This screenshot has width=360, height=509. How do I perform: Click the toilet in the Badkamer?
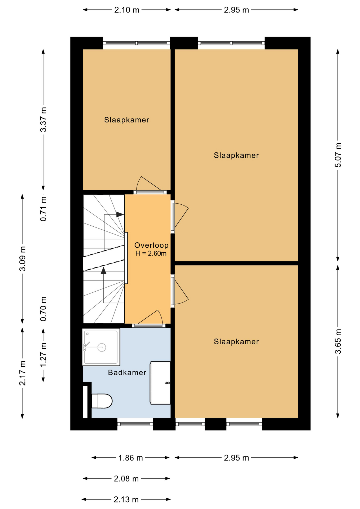102,401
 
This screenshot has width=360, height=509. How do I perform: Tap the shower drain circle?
102,347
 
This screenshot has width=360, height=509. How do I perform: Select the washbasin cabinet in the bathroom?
160,383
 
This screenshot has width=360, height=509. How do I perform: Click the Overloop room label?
151,245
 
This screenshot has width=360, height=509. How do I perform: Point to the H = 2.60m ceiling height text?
151,253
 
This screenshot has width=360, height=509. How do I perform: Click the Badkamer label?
127,372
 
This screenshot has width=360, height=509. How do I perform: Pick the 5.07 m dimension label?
338,155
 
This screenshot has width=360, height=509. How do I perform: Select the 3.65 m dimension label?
338,341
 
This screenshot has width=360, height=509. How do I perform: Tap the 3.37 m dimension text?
43,120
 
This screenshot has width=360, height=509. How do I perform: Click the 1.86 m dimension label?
130,458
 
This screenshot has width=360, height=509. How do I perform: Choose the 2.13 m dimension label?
126,499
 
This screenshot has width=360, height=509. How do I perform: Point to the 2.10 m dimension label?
127,10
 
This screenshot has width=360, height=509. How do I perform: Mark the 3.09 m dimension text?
23,258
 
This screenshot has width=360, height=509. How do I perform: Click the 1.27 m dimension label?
43,355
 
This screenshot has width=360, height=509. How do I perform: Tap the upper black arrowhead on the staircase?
120,214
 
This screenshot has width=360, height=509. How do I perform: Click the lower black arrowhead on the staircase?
103,271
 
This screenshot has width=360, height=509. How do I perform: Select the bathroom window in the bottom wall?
135,424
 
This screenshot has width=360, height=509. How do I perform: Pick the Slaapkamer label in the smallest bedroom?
127,120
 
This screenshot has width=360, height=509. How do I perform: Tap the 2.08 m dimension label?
126,479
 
